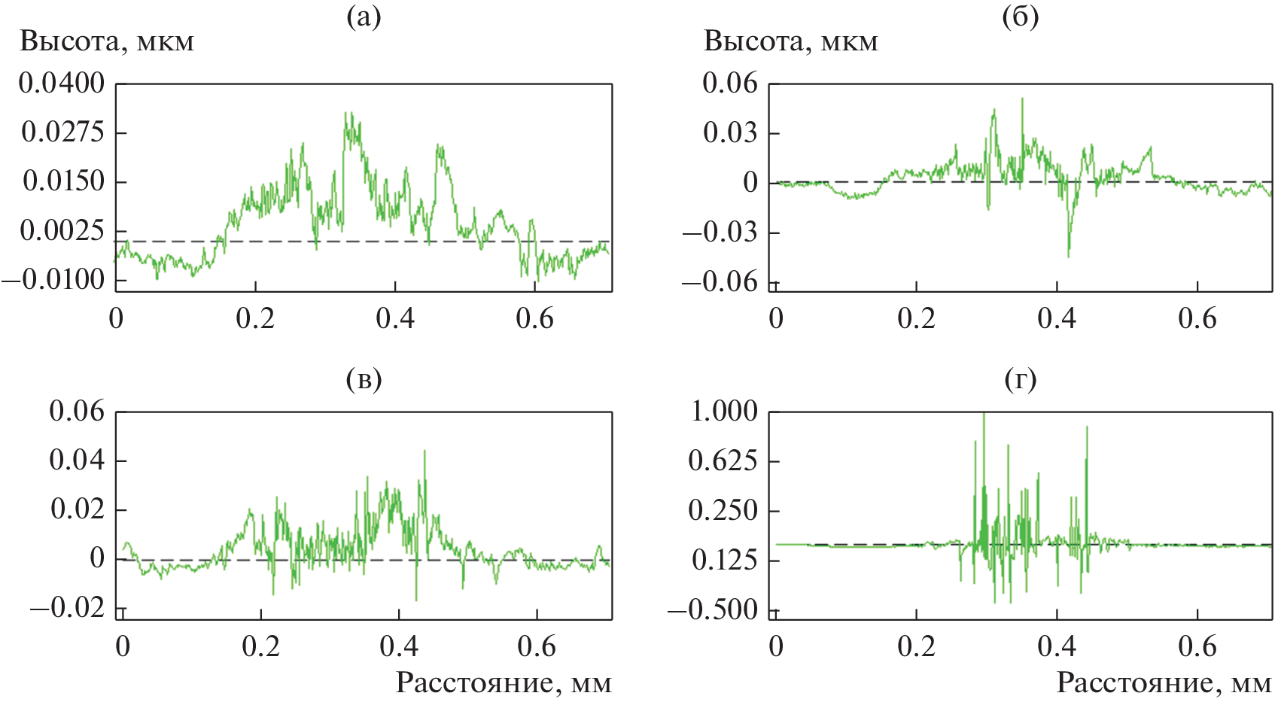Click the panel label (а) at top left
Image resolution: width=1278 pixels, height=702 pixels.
(364, 17)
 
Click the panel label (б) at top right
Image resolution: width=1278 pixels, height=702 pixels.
(1020, 17)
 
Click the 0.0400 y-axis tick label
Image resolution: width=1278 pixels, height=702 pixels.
(62, 84)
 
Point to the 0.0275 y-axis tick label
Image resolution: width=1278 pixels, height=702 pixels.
(63, 132)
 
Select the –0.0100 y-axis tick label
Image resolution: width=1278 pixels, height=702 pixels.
(53, 280)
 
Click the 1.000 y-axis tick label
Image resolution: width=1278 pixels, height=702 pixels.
(724, 411)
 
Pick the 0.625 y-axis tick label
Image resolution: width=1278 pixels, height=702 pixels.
(723, 460)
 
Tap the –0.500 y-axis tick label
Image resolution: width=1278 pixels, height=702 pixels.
(713, 609)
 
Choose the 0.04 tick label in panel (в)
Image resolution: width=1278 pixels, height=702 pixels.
(77, 460)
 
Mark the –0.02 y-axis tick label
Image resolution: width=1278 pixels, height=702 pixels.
(67, 608)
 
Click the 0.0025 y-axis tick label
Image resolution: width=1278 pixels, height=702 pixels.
(62, 230)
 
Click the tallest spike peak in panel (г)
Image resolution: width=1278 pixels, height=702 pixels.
(984, 414)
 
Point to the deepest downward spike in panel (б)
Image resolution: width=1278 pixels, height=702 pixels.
(1069, 256)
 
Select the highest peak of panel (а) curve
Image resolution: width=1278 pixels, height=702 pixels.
(347, 114)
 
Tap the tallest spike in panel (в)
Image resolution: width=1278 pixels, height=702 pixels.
(424, 451)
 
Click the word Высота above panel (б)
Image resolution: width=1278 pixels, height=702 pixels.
(756, 41)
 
